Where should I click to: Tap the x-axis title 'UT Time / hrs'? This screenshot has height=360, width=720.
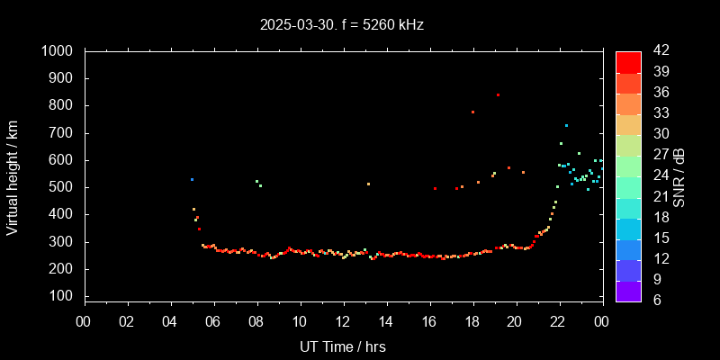click(x=343, y=346)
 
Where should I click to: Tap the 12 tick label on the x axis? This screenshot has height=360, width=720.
click(x=343, y=321)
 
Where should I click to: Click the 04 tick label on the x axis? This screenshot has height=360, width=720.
click(x=171, y=321)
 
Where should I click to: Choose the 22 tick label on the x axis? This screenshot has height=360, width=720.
click(x=558, y=321)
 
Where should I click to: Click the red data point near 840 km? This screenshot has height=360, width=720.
click(x=498, y=94)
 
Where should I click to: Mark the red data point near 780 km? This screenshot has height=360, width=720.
click(x=472, y=112)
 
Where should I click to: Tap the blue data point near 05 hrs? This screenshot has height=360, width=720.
click(x=192, y=179)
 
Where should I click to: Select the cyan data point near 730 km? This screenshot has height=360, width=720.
click(x=566, y=125)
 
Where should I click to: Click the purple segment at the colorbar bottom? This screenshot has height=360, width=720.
click(x=628, y=291)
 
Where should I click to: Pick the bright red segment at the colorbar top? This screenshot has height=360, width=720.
click(x=628, y=62)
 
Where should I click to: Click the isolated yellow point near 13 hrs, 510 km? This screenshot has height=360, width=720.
click(x=368, y=184)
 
